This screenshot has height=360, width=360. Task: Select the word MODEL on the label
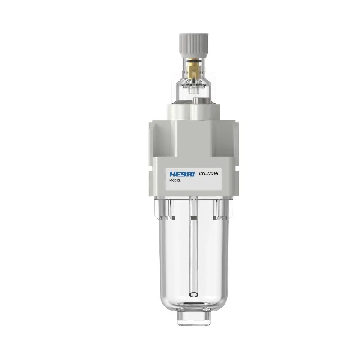tap(175, 180)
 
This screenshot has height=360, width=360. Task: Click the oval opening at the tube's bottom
tap(193, 295)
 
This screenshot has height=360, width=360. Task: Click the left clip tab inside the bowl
tap(170, 209)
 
